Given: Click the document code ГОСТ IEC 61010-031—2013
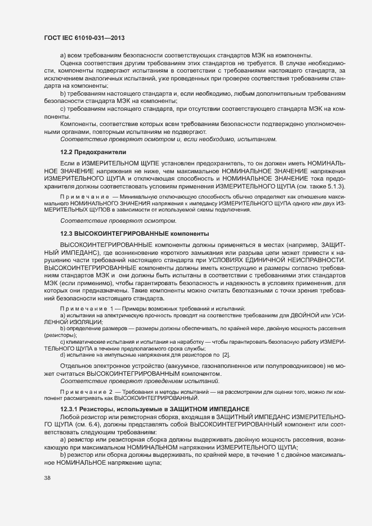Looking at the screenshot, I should pos(84,38).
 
